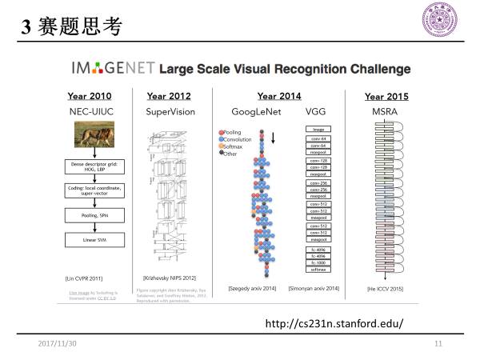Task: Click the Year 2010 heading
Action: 88,96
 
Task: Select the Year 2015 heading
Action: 386,97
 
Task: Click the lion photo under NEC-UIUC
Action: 90,137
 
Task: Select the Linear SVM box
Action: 90,238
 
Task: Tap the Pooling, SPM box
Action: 90,215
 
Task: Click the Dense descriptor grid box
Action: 90,166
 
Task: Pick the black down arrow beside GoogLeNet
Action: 274,137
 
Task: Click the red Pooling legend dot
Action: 220,130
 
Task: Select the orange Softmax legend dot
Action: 220,145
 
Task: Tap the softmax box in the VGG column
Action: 318,270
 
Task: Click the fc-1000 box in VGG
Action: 318,263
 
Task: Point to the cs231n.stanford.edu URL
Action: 334,323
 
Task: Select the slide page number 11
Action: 438,343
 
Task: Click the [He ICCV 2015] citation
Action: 385,287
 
